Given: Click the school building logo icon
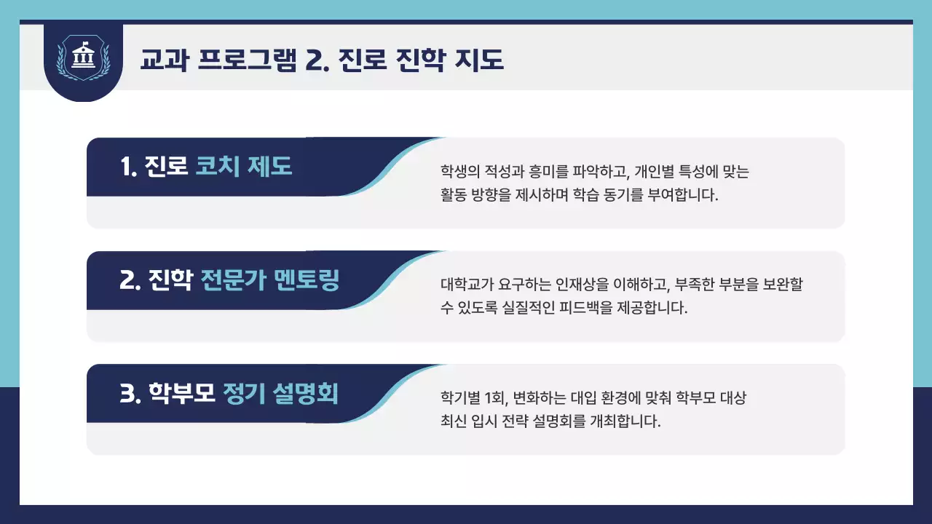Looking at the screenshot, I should click(x=83, y=58).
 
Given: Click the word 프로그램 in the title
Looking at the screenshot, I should click(x=246, y=60).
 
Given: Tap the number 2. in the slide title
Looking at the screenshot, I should click(x=317, y=60).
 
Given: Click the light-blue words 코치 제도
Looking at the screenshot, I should click(x=244, y=167).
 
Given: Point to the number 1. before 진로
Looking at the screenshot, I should click(x=129, y=167).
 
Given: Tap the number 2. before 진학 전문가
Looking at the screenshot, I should click(x=130, y=280).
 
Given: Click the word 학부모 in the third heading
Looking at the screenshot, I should click(x=182, y=394).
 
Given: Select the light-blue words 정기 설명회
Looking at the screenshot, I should click(x=280, y=394).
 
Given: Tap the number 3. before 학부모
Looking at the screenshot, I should click(x=130, y=394).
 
